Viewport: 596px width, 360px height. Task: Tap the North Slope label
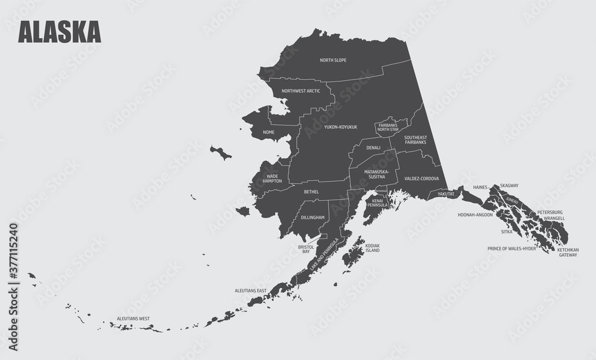[333, 60]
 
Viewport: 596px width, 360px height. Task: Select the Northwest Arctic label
[301, 91]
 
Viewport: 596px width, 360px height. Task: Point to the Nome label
[269, 132]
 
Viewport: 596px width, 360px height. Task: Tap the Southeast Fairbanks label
[415, 140]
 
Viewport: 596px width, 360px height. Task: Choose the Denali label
[374, 147]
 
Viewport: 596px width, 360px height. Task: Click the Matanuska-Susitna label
[377, 174]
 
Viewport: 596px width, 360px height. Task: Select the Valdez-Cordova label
[421, 179]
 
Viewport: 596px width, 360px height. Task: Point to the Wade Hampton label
[272, 179]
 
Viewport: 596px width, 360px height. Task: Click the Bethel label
[311, 192]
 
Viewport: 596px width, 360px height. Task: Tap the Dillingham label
[313, 218]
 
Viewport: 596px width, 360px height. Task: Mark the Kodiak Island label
[372, 248]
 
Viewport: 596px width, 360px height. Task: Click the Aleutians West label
[133, 319]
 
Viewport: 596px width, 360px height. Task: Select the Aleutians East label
[251, 290]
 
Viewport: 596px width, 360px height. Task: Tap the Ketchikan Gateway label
[567, 252]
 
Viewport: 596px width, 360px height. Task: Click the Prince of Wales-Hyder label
[512, 248]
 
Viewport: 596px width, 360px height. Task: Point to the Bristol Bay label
[306, 249]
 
